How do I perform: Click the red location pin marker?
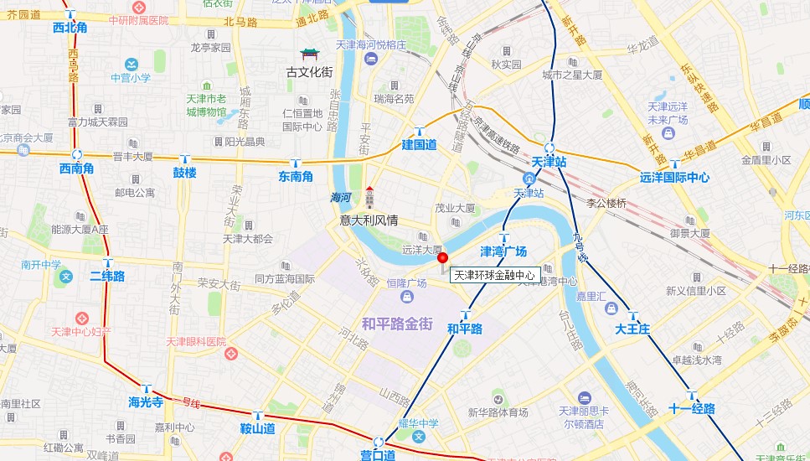[x=443, y=259]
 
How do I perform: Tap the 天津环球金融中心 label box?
[x=494, y=275]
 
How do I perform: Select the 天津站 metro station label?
[x=549, y=162]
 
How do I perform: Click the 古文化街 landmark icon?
[x=309, y=55]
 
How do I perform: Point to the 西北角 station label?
[x=70, y=28]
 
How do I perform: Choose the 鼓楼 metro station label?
[x=184, y=173]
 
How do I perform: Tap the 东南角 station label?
[x=296, y=176]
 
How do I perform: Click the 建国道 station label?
[x=419, y=144]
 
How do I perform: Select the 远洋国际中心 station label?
[x=674, y=177]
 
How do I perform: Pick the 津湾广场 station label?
[x=503, y=251]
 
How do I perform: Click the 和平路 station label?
[x=465, y=329]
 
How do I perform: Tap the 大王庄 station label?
[x=632, y=329]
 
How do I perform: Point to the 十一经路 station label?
[x=692, y=408]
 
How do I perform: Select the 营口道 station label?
[x=378, y=454]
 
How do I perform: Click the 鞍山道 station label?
[x=258, y=428]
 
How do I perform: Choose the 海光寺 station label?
[x=145, y=401]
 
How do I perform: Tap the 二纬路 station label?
[x=107, y=276]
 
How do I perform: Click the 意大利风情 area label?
[x=369, y=220]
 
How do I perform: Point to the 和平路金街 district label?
[x=397, y=322]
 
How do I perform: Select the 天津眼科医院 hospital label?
[x=196, y=342]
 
